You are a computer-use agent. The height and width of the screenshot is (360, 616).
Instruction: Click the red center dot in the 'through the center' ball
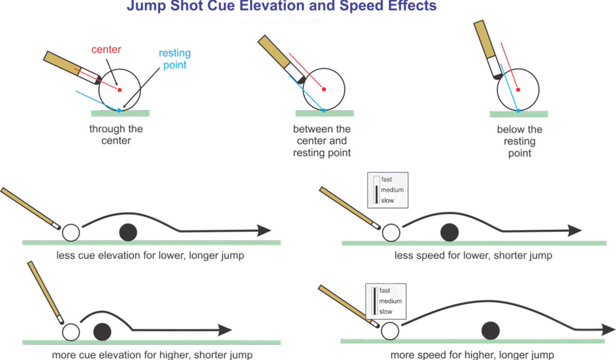[x=119, y=89]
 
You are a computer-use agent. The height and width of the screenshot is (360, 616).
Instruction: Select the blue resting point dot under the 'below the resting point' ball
[x=518, y=110]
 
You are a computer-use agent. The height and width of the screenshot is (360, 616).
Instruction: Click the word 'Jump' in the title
[x=147, y=7]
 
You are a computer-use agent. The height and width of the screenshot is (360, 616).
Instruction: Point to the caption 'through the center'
[x=116, y=134]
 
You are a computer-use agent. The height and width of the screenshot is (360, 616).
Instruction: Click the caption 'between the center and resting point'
[x=321, y=141]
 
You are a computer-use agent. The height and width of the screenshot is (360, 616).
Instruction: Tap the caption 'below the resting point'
[x=519, y=141]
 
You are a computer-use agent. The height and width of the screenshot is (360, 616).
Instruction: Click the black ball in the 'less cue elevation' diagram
[x=129, y=231]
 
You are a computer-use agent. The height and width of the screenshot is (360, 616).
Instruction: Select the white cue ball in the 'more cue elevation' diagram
[x=71, y=332]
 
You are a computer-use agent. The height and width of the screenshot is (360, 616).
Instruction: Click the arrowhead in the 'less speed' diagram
[x=574, y=230]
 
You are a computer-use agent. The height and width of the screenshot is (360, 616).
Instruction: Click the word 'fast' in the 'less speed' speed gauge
[x=386, y=180]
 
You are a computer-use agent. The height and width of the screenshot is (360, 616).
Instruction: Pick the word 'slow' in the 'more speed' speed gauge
[x=385, y=311]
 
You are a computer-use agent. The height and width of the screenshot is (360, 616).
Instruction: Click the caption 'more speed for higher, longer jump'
[x=472, y=354]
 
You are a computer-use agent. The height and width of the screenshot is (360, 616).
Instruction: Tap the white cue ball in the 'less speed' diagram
[x=390, y=231]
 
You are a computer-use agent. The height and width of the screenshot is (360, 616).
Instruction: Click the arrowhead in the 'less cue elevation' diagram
[x=263, y=231]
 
